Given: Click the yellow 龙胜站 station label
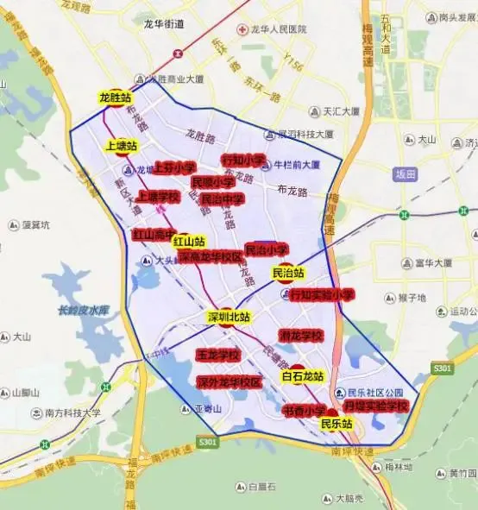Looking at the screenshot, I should [x=116, y=98].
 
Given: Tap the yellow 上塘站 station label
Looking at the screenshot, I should [x=122, y=146].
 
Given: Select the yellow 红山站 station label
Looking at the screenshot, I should [x=189, y=241].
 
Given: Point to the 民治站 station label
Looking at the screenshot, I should [x=287, y=274].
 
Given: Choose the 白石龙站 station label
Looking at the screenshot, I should [x=302, y=376].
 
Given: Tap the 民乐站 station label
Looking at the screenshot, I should [x=336, y=424].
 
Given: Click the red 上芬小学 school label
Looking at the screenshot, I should [x=174, y=167].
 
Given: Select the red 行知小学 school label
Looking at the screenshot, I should [x=242, y=160].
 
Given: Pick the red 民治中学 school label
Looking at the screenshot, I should [x=222, y=198].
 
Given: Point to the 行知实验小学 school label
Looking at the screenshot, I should [x=323, y=294].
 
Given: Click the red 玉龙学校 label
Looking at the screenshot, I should [x=217, y=355].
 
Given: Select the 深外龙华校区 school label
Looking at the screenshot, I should [x=229, y=381].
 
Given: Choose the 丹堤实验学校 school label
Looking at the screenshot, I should [x=375, y=405].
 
